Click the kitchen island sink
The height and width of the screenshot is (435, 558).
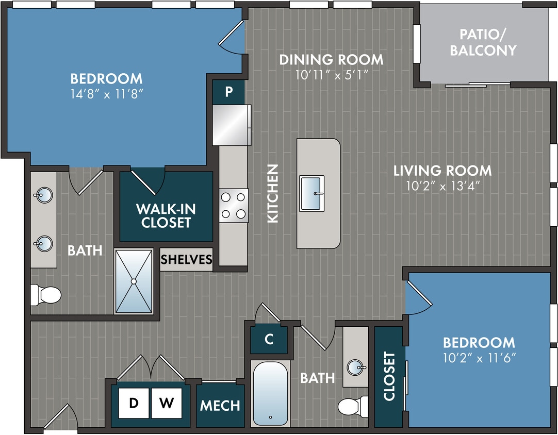[312, 193]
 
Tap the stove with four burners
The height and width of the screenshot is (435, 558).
[233, 205]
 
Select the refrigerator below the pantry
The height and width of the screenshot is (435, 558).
[232, 125]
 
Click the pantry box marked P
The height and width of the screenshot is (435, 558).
[228, 92]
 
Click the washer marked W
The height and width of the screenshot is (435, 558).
[166, 403]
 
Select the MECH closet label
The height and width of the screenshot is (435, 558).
[220, 405]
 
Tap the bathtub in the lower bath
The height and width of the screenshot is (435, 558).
[270, 393]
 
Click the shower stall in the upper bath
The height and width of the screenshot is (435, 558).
[134, 281]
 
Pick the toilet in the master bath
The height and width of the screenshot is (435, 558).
[46, 295]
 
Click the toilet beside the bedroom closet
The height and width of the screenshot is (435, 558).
[353, 406]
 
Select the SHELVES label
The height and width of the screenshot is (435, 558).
[186, 260]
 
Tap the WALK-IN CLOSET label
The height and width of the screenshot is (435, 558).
[166, 216]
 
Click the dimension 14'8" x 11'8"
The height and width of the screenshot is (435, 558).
[106, 94]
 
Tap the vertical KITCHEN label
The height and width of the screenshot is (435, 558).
[272, 193]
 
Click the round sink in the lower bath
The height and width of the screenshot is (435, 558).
[356, 367]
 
